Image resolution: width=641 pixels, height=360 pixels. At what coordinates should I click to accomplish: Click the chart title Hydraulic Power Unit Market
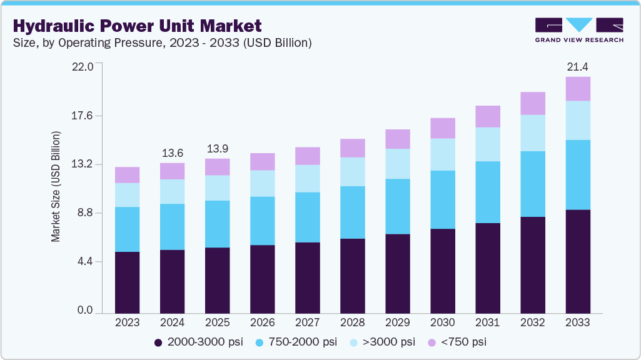coord(137,26)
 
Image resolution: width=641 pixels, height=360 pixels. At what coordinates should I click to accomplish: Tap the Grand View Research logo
coord(579,30)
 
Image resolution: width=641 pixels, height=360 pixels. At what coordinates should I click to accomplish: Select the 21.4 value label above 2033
coord(577,67)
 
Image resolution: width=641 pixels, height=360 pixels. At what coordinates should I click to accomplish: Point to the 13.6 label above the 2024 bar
coord(172,152)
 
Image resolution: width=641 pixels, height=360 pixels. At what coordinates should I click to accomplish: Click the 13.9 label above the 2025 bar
coord(217,148)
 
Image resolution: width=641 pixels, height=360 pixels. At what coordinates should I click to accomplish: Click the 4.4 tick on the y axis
coord(84,261)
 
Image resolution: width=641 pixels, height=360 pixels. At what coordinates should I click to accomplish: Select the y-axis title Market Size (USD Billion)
coord(56,187)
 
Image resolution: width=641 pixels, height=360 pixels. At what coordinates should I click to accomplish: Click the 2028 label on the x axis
coord(352,322)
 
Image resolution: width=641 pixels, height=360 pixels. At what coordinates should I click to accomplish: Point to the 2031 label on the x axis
coord(487,322)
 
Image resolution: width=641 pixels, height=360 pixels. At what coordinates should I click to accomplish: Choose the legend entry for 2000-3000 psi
coord(199,342)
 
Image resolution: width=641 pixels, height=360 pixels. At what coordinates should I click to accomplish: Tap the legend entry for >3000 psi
coord(384,342)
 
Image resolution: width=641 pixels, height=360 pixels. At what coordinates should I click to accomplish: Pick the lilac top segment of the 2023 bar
coord(127,175)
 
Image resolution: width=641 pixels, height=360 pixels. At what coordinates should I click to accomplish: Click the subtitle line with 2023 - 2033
coord(162,43)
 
